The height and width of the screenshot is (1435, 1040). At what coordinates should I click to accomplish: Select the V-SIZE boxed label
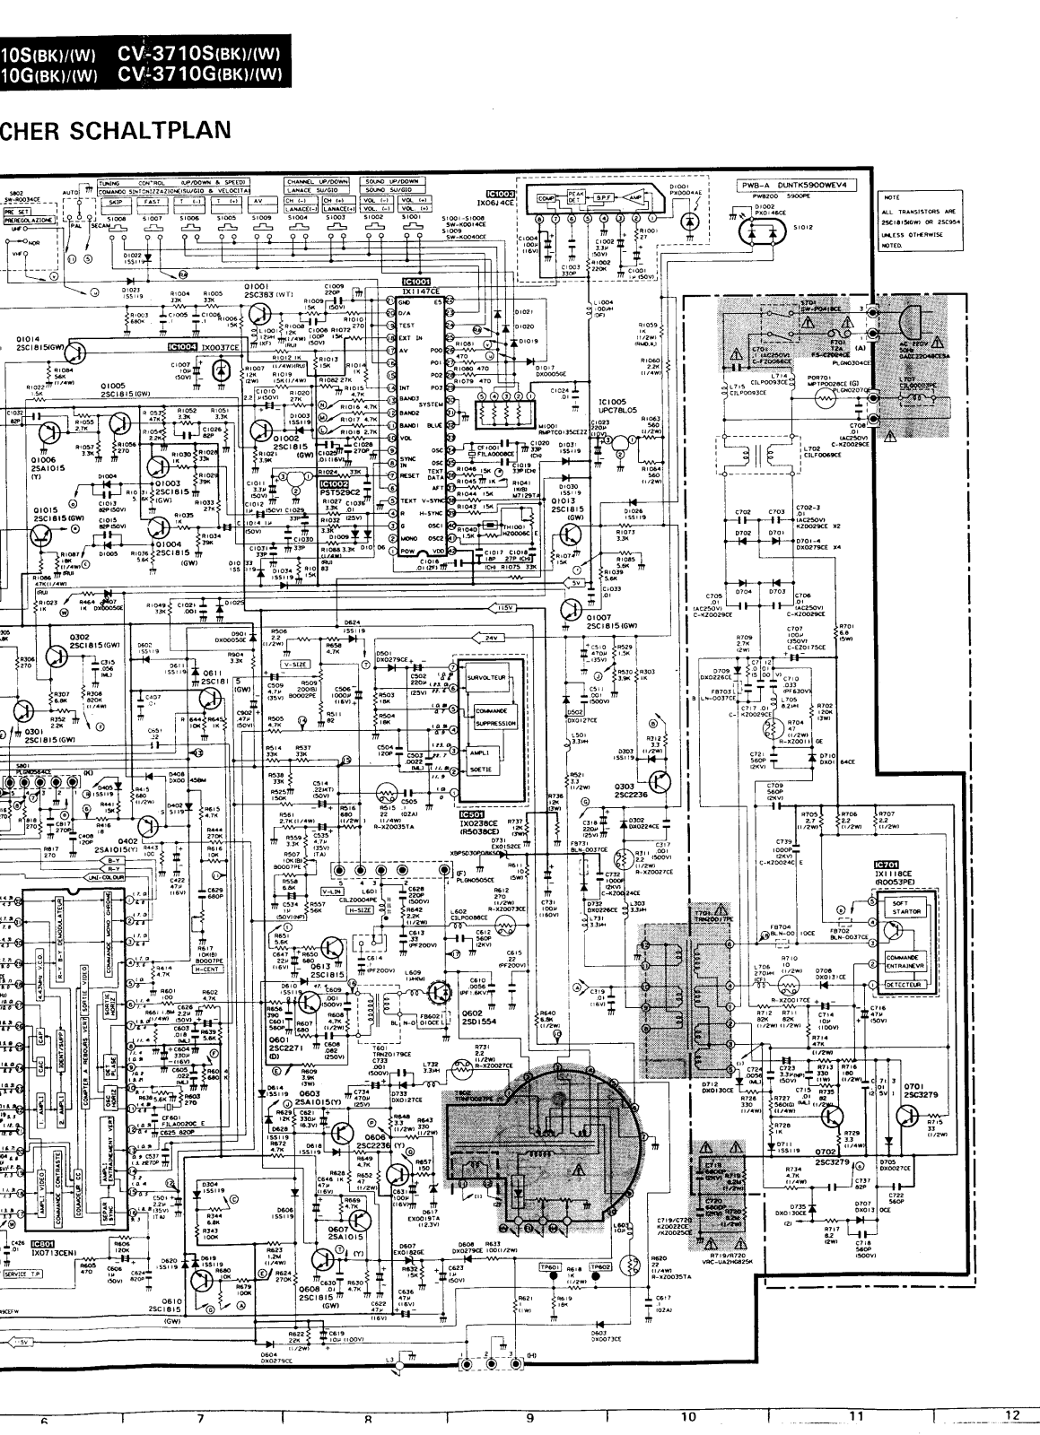pos(295,665)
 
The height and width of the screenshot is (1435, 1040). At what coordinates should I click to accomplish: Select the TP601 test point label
pos(550,1266)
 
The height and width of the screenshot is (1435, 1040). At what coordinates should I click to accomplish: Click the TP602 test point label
pos(601,1266)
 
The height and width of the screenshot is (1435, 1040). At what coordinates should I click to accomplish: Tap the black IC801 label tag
pos(42,1244)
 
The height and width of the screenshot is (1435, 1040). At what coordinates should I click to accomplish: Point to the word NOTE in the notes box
pos(892,196)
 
